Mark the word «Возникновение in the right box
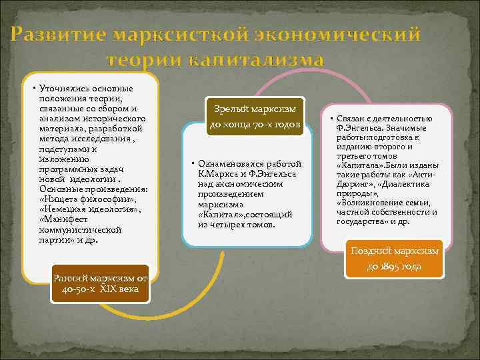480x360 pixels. click(371, 203)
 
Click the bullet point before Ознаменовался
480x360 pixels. click(192, 164)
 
